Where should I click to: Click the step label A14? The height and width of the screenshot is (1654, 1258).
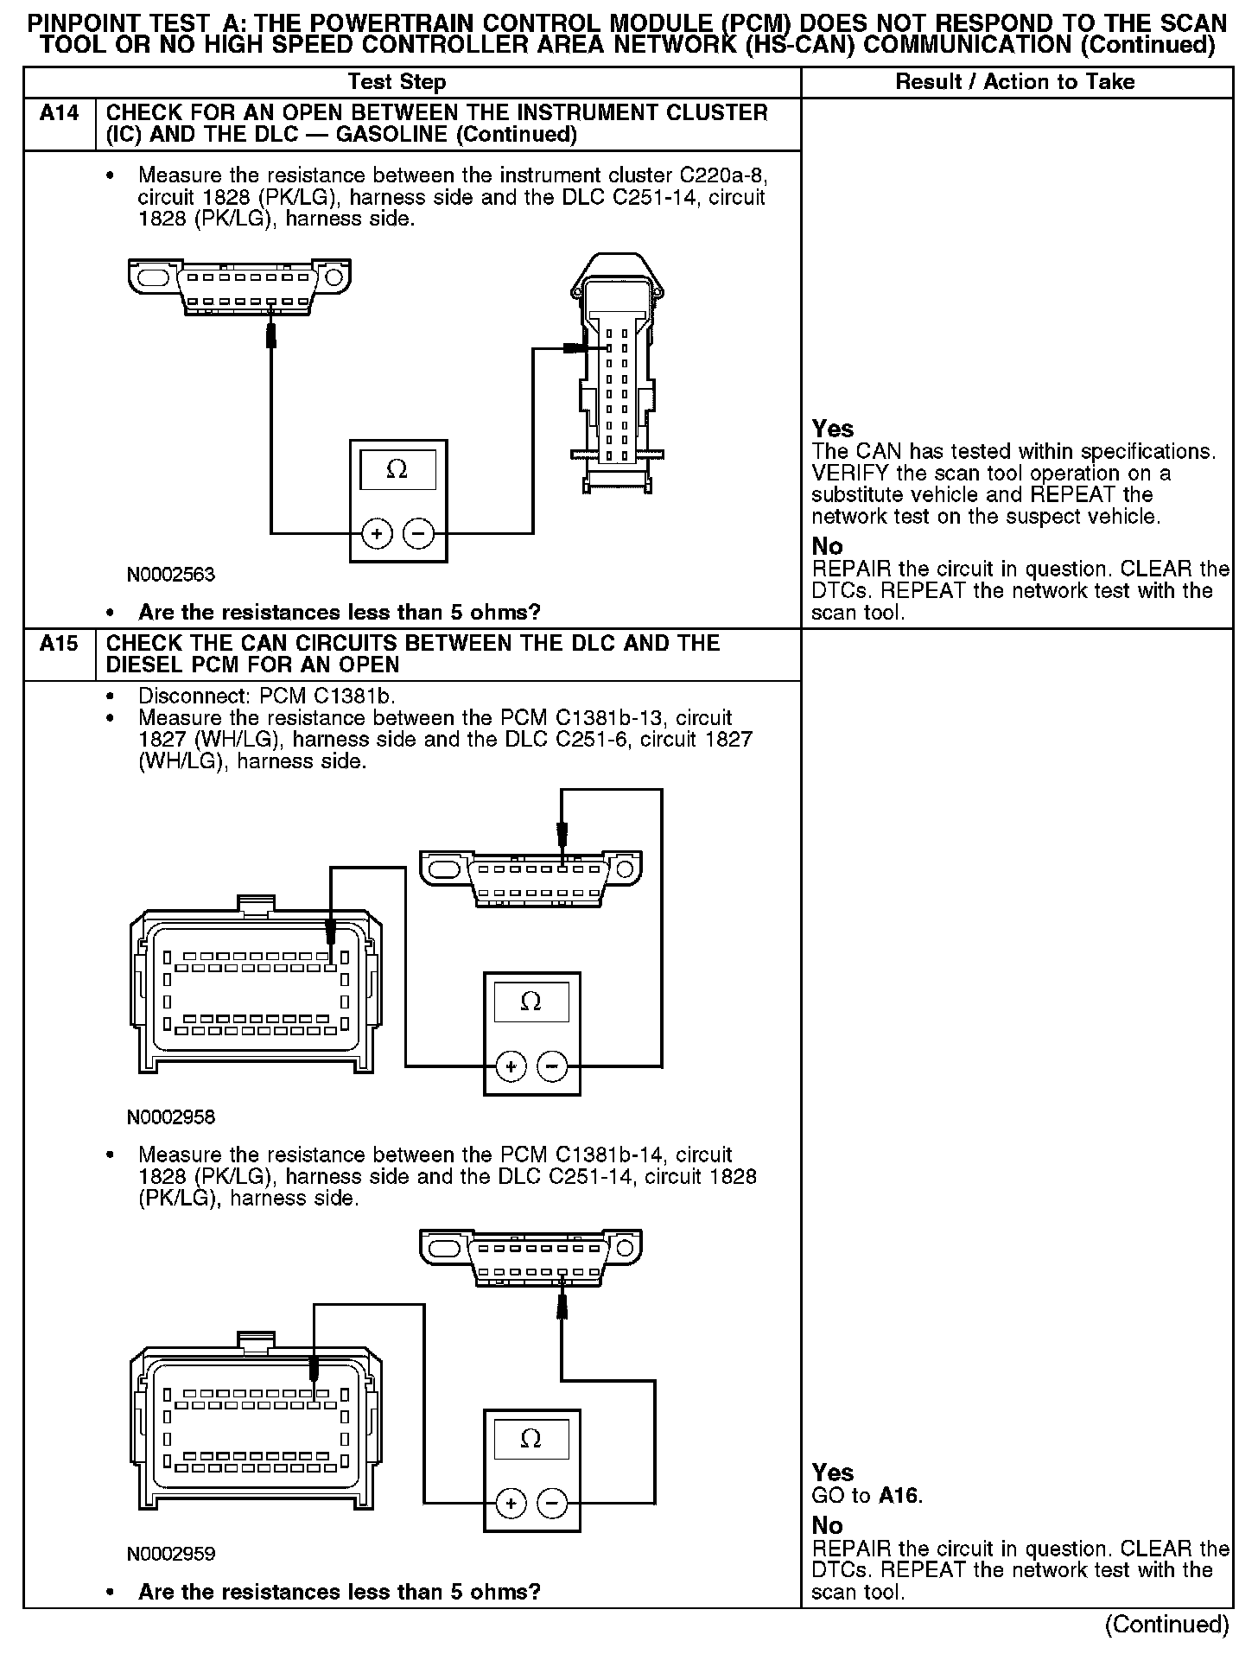pos(59,113)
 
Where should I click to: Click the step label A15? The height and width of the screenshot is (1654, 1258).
pos(59,644)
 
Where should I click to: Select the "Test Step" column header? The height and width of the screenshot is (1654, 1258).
pos(397,82)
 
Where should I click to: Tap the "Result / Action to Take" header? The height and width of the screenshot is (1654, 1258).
pos(1015,82)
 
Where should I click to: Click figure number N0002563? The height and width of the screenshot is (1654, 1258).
pos(170,575)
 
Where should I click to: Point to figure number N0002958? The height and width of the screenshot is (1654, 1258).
pos(170,1117)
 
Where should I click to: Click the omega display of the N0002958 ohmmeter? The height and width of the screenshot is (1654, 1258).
pos(531,1002)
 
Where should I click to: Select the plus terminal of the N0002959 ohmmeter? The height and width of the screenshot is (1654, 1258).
pos(511,1505)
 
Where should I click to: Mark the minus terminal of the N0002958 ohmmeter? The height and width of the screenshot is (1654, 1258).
pos(553,1067)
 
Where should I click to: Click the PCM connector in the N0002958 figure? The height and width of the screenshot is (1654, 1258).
pos(256,989)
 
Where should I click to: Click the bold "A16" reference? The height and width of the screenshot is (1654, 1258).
pos(899,1497)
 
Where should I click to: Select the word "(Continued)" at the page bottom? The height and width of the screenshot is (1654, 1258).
pos(1166,1625)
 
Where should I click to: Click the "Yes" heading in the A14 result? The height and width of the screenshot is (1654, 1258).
pos(833,429)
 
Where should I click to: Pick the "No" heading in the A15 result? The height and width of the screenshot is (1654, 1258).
pos(827,1525)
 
